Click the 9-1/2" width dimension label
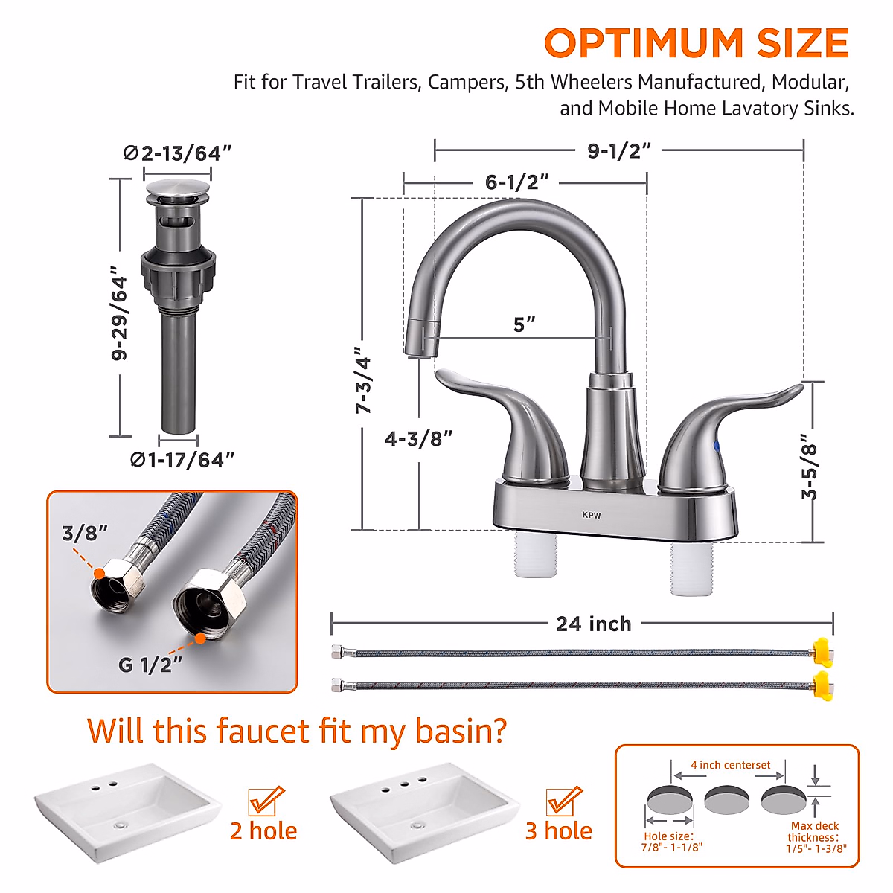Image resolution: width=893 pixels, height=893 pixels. click(x=619, y=150)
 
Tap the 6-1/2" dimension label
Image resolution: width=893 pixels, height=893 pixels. click(x=517, y=182)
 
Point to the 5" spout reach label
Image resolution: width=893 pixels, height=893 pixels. click(x=524, y=324)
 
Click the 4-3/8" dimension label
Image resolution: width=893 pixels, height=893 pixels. click(x=418, y=439)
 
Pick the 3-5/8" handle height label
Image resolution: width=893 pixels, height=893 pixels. click(x=810, y=470)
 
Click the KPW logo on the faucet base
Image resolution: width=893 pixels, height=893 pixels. click(x=592, y=515)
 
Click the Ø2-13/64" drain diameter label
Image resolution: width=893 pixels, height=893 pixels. click(x=177, y=153)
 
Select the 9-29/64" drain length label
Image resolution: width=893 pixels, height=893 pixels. click(x=119, y=313)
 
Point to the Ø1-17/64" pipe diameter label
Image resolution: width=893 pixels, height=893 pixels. click(x=182, y=461)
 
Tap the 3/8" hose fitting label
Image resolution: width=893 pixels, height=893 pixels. click(x=84, y=533)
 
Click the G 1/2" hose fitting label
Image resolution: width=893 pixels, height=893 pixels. click(x=150, y=665)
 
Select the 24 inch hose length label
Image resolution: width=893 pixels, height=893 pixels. click(x=593, y=624)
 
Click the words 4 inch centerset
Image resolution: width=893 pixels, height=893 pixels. click(x=730, y=765)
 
